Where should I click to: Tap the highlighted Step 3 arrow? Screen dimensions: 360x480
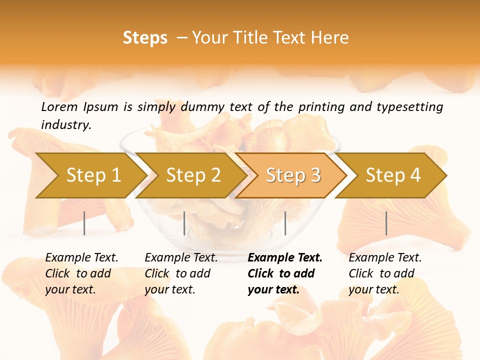(293, 175)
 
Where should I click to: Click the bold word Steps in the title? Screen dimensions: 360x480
(145, 38)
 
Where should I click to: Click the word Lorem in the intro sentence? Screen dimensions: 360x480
(59, 106)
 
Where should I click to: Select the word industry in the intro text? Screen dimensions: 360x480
(66, 124)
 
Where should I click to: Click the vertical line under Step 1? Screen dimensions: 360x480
(84, 223)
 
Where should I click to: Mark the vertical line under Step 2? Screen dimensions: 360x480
(184, 223)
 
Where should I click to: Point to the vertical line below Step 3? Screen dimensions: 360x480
(285, 223)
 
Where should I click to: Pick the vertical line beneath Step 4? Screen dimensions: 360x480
(386, 223)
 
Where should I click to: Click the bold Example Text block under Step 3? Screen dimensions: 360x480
(285, 273)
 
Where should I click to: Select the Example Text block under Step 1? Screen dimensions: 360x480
(81, 273)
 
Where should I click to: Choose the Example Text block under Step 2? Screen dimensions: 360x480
(181, 273)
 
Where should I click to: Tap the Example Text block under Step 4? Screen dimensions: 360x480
(385, 273)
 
